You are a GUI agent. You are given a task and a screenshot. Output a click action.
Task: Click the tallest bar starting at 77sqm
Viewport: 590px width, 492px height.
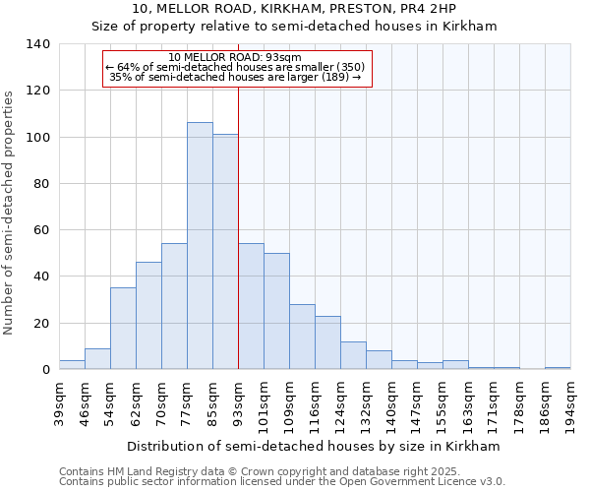[200, 246]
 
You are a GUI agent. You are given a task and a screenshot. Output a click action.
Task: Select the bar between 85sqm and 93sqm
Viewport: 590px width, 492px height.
[225, 252]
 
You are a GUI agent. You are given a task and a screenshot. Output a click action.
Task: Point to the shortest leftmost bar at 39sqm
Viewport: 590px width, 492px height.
[72, 365]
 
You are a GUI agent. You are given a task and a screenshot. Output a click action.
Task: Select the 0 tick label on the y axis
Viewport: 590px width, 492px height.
[45, 370]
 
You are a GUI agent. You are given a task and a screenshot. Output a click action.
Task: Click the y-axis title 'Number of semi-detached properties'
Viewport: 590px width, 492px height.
[10, 212]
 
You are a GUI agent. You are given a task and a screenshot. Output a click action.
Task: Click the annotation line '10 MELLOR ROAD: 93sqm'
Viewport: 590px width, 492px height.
[235, 57]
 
